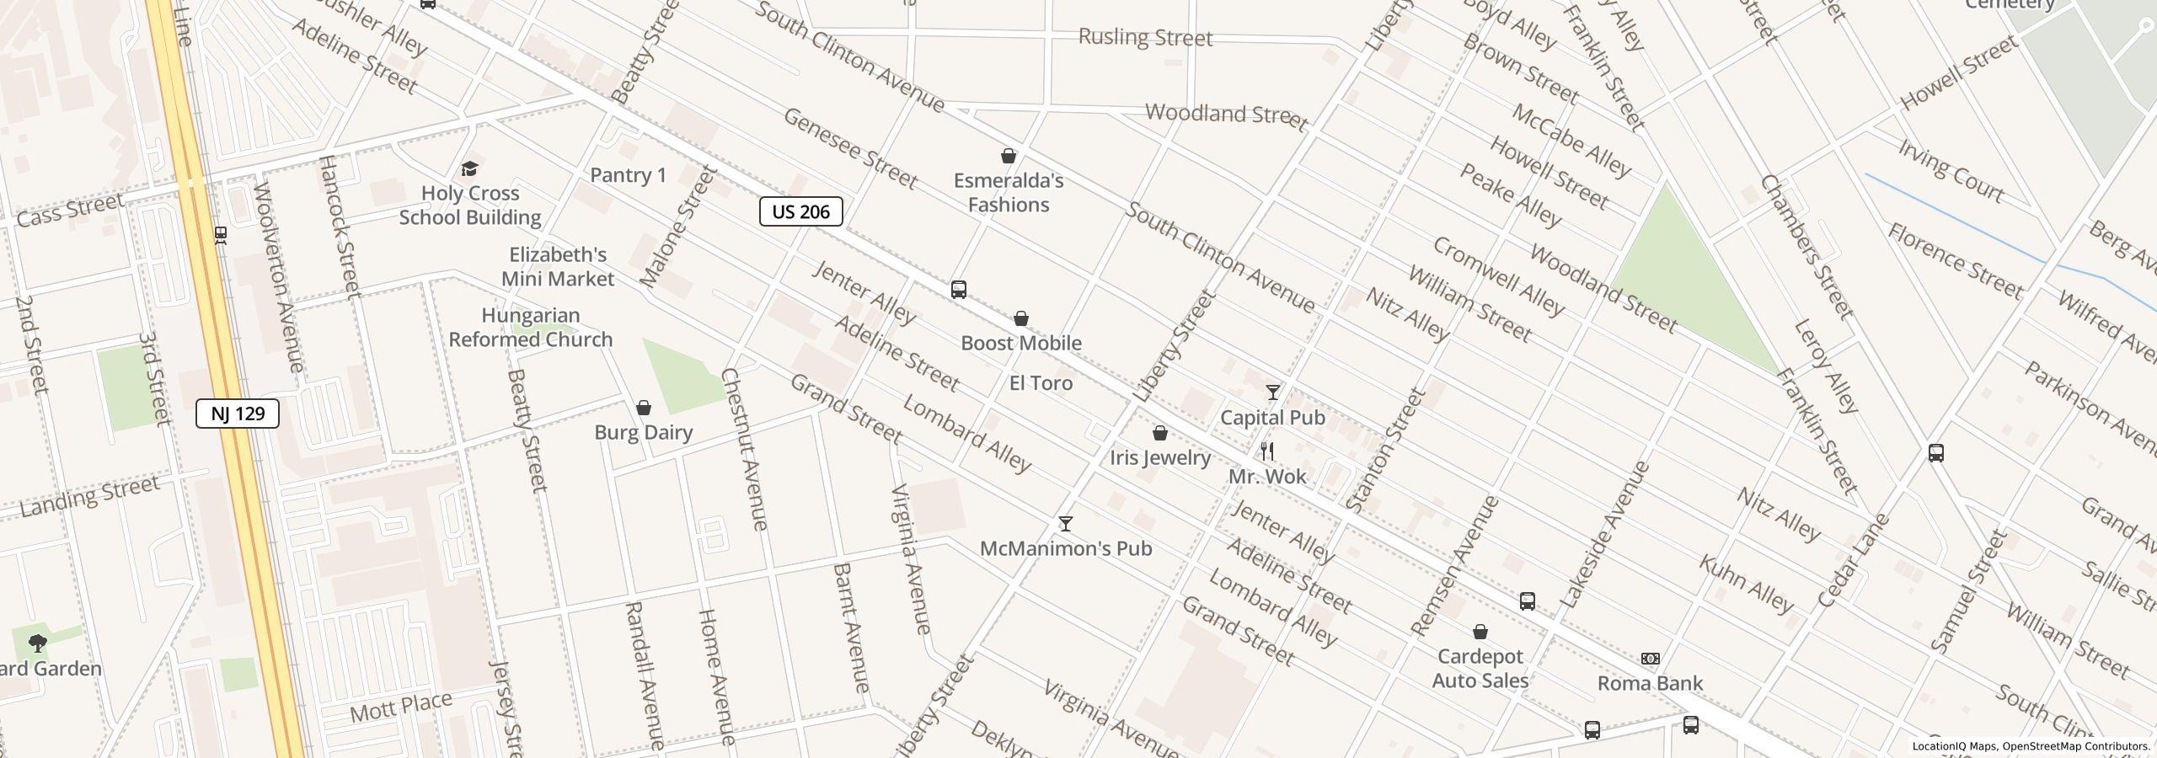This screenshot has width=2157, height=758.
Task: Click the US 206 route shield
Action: [x=800, y=211]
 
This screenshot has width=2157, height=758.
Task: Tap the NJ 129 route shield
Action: [x=238, y=414]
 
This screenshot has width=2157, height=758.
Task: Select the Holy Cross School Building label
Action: [x=470, y=206]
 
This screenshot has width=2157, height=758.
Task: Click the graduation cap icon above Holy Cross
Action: [x=469, y=169]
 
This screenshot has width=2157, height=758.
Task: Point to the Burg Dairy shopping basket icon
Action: [x=644, y=408]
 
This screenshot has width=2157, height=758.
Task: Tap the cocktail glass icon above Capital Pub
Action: [x=1272, y=392]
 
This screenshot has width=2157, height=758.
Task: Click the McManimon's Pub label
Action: [x=1066, y=548]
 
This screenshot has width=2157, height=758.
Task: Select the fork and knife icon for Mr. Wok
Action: [x=1267, y=451]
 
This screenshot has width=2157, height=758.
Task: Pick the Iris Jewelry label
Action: [x=1160, y=457]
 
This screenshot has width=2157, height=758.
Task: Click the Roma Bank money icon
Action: [x=1650, y=659]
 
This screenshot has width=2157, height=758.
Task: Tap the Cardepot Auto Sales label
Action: [x=1480, y=668]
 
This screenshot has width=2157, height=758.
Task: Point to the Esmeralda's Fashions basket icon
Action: [x=1008, y=157]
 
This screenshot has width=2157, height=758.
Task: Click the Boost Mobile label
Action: [x=1021, y=343]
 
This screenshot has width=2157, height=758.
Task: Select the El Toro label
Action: [x=1041, y=383]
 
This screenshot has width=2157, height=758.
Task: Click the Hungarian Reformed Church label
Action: [x=531, y=328]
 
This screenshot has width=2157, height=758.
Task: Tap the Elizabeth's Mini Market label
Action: [x=558, y=266]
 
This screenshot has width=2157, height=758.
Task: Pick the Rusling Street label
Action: [x=1145, y=37]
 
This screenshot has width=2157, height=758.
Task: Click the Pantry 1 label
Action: [x=628, y=175]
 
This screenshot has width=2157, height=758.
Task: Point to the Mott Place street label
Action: [x=401, y=707]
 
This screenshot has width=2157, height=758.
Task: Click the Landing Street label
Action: [x=89, y=497]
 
